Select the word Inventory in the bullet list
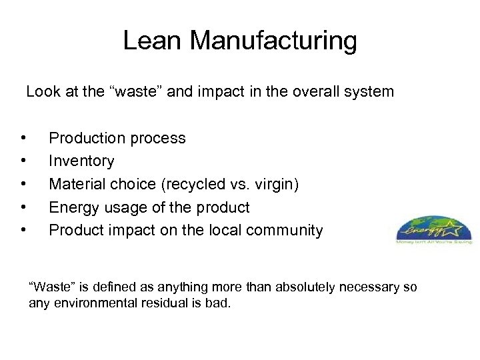(x=81, y=161)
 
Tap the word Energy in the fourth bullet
(x=73, y=207)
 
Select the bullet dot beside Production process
(x=23, y=139)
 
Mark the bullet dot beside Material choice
(x=23, y=185)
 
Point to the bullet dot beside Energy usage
(x=23, y=207)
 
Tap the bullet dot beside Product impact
(x=23, y=231)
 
